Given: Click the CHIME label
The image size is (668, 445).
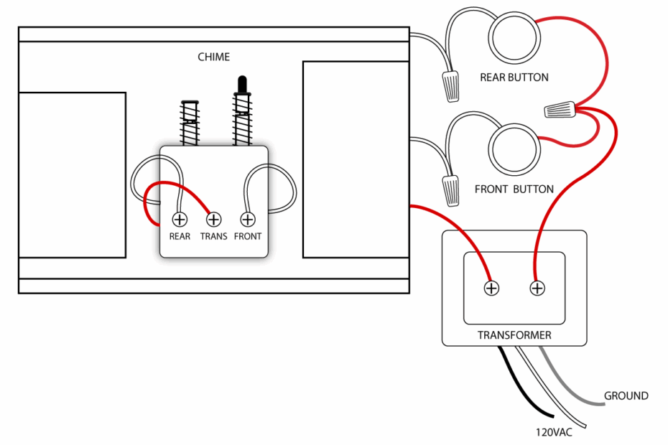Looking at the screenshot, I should (214, 57).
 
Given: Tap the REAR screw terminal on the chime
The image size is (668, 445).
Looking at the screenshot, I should (180, 219).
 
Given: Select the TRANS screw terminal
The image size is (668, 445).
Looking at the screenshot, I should (213, 219).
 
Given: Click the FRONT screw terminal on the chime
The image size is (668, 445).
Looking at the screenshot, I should (248, 219).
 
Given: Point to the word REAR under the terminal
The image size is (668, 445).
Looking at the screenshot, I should (180, 236).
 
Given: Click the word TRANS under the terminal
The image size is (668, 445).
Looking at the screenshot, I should (213, 236).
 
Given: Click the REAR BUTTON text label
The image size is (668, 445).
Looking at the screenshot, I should (514, 78).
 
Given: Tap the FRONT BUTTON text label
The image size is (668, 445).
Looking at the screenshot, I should (514, 189).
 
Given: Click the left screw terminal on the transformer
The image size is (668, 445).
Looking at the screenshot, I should (491, 288).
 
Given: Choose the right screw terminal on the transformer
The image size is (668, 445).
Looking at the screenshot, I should (537, 288).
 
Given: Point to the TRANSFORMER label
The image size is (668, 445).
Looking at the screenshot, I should (514, 335).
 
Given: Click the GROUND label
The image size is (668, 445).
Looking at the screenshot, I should (626, 395).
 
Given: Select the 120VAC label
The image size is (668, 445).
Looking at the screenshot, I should (553, 433).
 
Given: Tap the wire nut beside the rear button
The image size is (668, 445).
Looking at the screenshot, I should (451, 85).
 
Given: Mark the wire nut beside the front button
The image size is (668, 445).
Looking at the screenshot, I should (450, 189).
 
